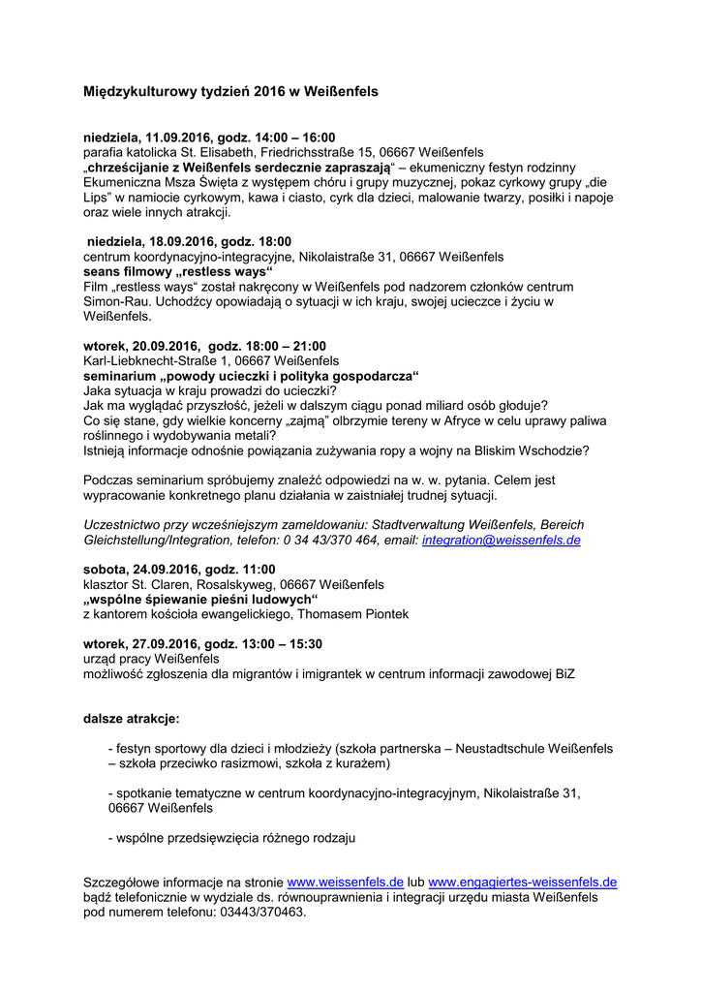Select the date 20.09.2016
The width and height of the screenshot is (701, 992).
click(158, 346)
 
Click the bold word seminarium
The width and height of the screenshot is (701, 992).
click(119, 376)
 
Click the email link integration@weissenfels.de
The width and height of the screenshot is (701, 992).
click(502, 541)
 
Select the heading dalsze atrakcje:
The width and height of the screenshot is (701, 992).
click(131, 719)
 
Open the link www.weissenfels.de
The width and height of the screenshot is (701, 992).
click(346, 883)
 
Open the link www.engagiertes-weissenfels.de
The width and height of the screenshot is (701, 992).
click(523, 883)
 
